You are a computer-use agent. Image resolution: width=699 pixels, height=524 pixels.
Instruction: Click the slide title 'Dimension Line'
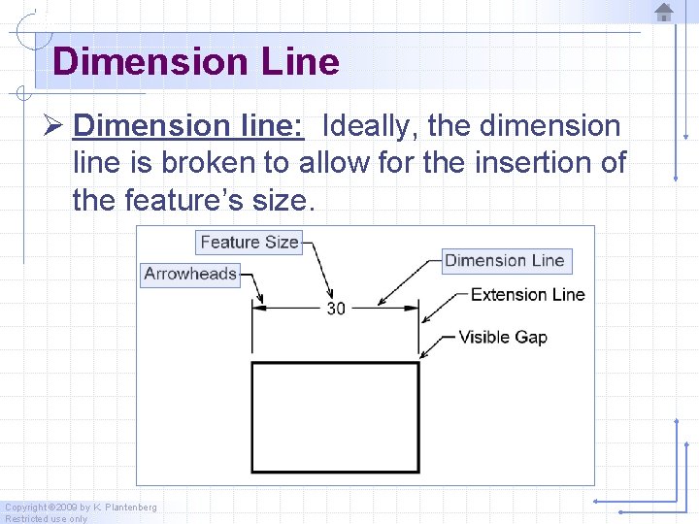pos(196,62)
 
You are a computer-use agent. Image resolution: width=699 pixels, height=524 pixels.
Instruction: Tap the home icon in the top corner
pos(664,13)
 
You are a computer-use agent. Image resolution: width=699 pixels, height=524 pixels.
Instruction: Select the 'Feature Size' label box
pos(250,242)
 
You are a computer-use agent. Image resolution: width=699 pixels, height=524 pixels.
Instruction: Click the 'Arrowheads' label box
pos(190,274)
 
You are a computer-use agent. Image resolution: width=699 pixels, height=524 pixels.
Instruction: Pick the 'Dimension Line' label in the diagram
pos(504,260)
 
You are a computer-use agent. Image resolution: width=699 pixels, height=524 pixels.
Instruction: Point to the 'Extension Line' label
pos(527,294)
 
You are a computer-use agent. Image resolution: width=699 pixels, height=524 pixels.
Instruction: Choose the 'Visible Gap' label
pos(502,337)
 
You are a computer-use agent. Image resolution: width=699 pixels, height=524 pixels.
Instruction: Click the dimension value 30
pos(336,309)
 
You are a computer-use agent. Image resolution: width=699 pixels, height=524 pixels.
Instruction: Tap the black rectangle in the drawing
pos(336,417)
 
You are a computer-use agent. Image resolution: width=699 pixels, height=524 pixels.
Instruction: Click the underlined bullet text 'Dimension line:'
pos(189,126)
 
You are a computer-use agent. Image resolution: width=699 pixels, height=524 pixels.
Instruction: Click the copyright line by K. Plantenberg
pos(81,508)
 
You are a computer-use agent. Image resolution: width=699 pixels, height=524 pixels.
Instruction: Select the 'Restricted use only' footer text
pos(46,519)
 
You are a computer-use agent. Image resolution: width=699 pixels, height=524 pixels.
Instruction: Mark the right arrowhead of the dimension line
pos(412,309)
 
